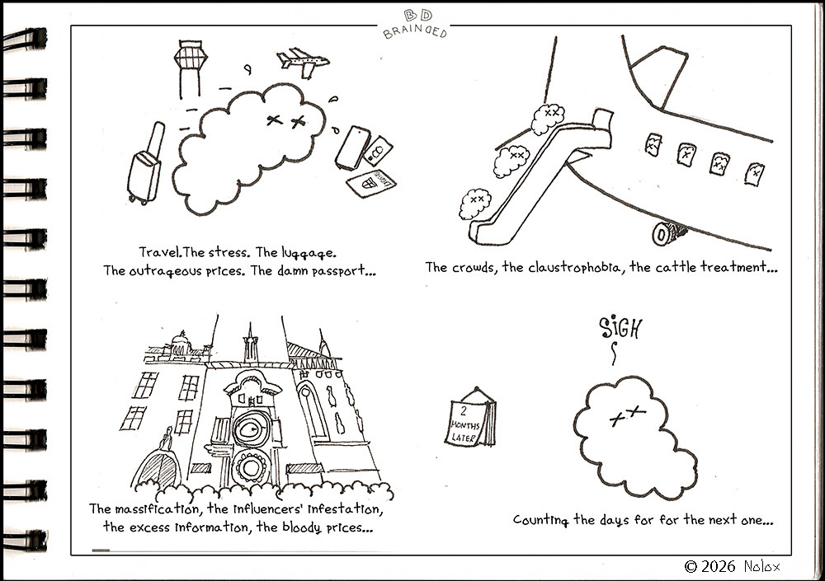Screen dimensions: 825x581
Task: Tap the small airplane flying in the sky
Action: (303, 62)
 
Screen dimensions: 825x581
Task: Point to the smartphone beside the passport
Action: (353, 148)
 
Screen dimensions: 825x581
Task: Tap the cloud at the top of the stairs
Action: (548, 119)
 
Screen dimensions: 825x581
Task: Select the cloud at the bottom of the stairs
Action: (475, 203)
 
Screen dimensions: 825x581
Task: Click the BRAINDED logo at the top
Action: (416, 25)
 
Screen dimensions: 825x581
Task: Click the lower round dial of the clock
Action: (251, 467)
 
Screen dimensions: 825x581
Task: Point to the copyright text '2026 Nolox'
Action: (732, 566)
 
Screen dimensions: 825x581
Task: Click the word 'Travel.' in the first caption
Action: (161, 252)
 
